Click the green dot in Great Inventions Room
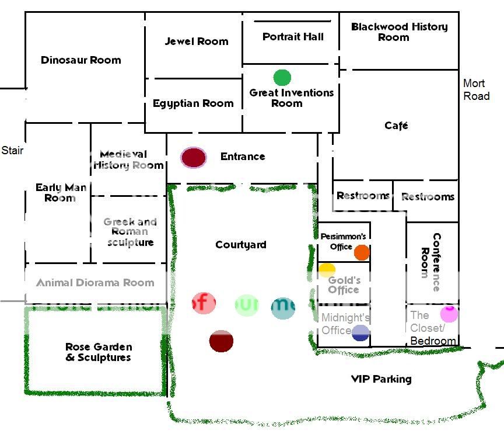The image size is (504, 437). (282, 77)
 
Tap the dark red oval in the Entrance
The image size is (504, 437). (194, 157)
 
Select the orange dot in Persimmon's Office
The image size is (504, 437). (362, 252)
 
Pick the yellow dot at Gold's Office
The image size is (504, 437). (327, 270)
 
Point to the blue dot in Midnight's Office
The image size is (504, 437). (360, 332)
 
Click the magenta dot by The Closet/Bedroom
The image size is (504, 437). (449, 314)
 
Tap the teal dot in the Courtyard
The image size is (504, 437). (283, 307)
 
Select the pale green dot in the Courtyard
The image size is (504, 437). (246, 306)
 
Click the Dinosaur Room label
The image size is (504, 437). (81, 60)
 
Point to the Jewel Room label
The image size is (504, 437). (197, 41)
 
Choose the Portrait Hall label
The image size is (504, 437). (293, 37)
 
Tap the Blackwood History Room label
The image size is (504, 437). (399, 32)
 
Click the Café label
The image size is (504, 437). (396, 126)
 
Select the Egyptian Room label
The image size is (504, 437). (193, 103)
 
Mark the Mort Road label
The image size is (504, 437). (476, 90)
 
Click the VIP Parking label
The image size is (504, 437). (381, 379)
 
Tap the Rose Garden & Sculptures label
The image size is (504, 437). (98, 352)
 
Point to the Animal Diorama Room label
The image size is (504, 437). (95, 283)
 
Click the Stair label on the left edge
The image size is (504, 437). (12, 151)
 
